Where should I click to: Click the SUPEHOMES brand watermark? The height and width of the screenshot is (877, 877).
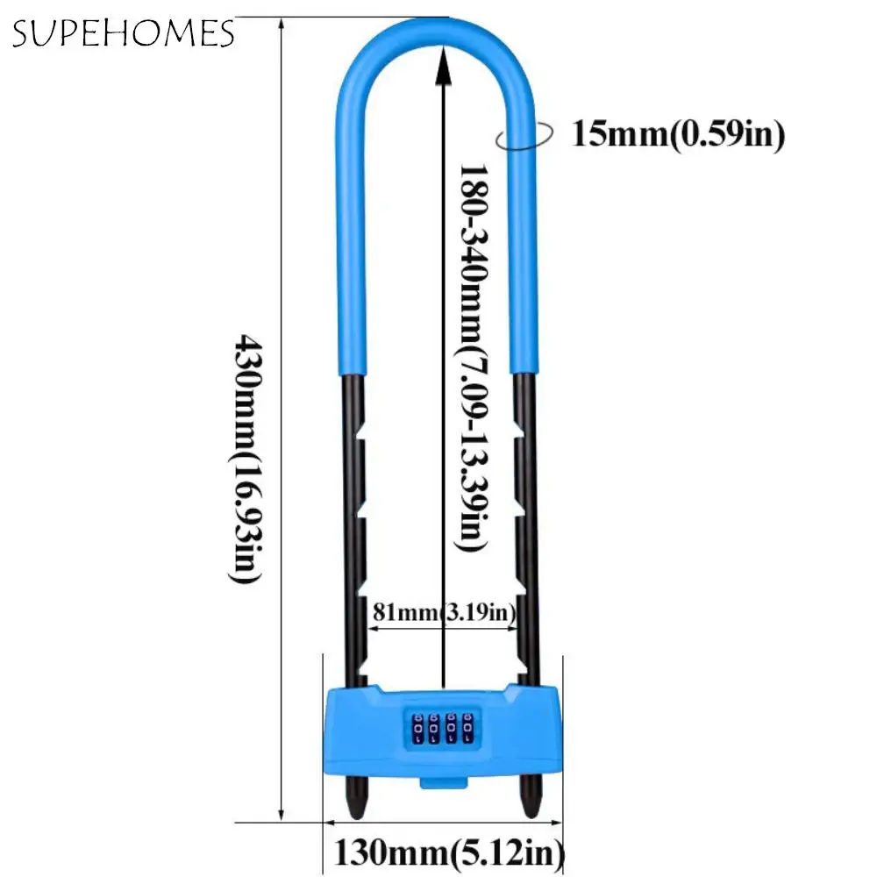(123, 34)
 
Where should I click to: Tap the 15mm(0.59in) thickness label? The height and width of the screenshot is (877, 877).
(677, 134)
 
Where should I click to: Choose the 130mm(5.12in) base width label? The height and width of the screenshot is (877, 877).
(447, 851)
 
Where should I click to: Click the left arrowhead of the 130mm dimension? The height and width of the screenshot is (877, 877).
(331, 823)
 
